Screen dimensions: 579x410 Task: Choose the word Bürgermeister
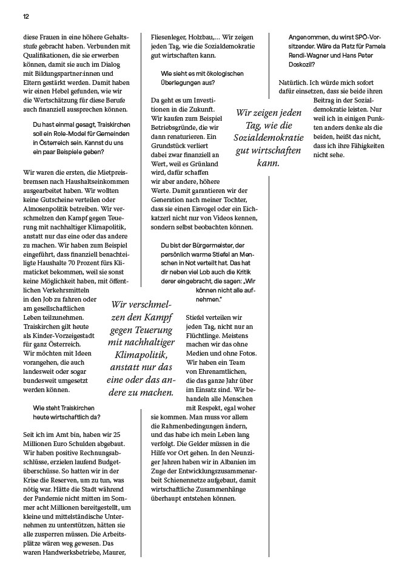point(209,245)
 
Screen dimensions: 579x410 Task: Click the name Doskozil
point(303,64)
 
